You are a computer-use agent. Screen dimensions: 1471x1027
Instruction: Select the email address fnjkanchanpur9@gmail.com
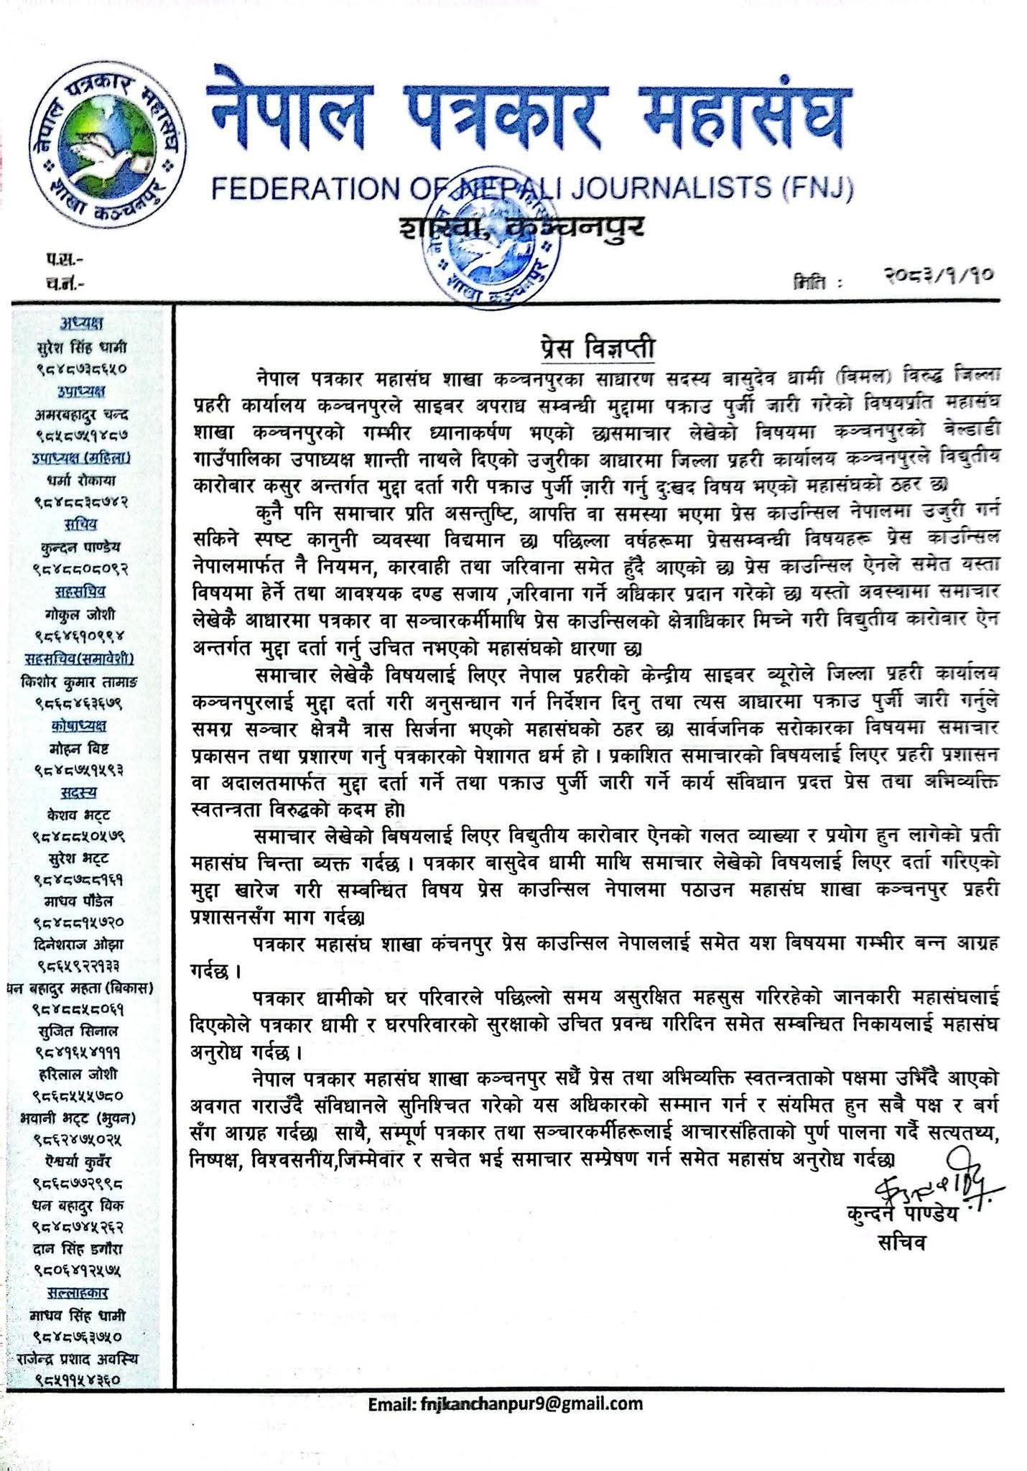[506, 1404]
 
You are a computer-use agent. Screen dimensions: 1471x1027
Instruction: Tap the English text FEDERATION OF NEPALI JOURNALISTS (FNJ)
[532, 188]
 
